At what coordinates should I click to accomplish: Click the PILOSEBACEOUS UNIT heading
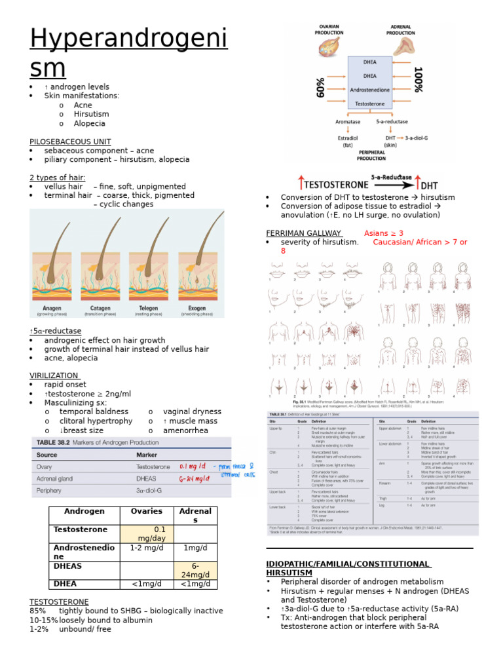pyautogui.click(x=70, y=142)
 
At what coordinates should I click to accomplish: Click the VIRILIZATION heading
pyautogui.click(x=54, y=375)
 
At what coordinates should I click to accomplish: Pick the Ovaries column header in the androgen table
pyautogui.click(x=146, y=511)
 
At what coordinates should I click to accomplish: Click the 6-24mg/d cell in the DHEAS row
pyautogui.click(x=196, y=570)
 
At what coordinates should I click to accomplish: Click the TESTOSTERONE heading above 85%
pyautogui.click(x=59, y=602)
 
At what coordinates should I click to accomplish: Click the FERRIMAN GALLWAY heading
pyautogui.click(x=304, y=233)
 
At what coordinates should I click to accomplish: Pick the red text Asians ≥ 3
pyautogui.click(x=384, y=233)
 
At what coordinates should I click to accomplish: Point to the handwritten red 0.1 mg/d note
pyautogui.click(x=193, y=467)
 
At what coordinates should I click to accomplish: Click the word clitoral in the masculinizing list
pyautogui.click(x=72, y=421)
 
